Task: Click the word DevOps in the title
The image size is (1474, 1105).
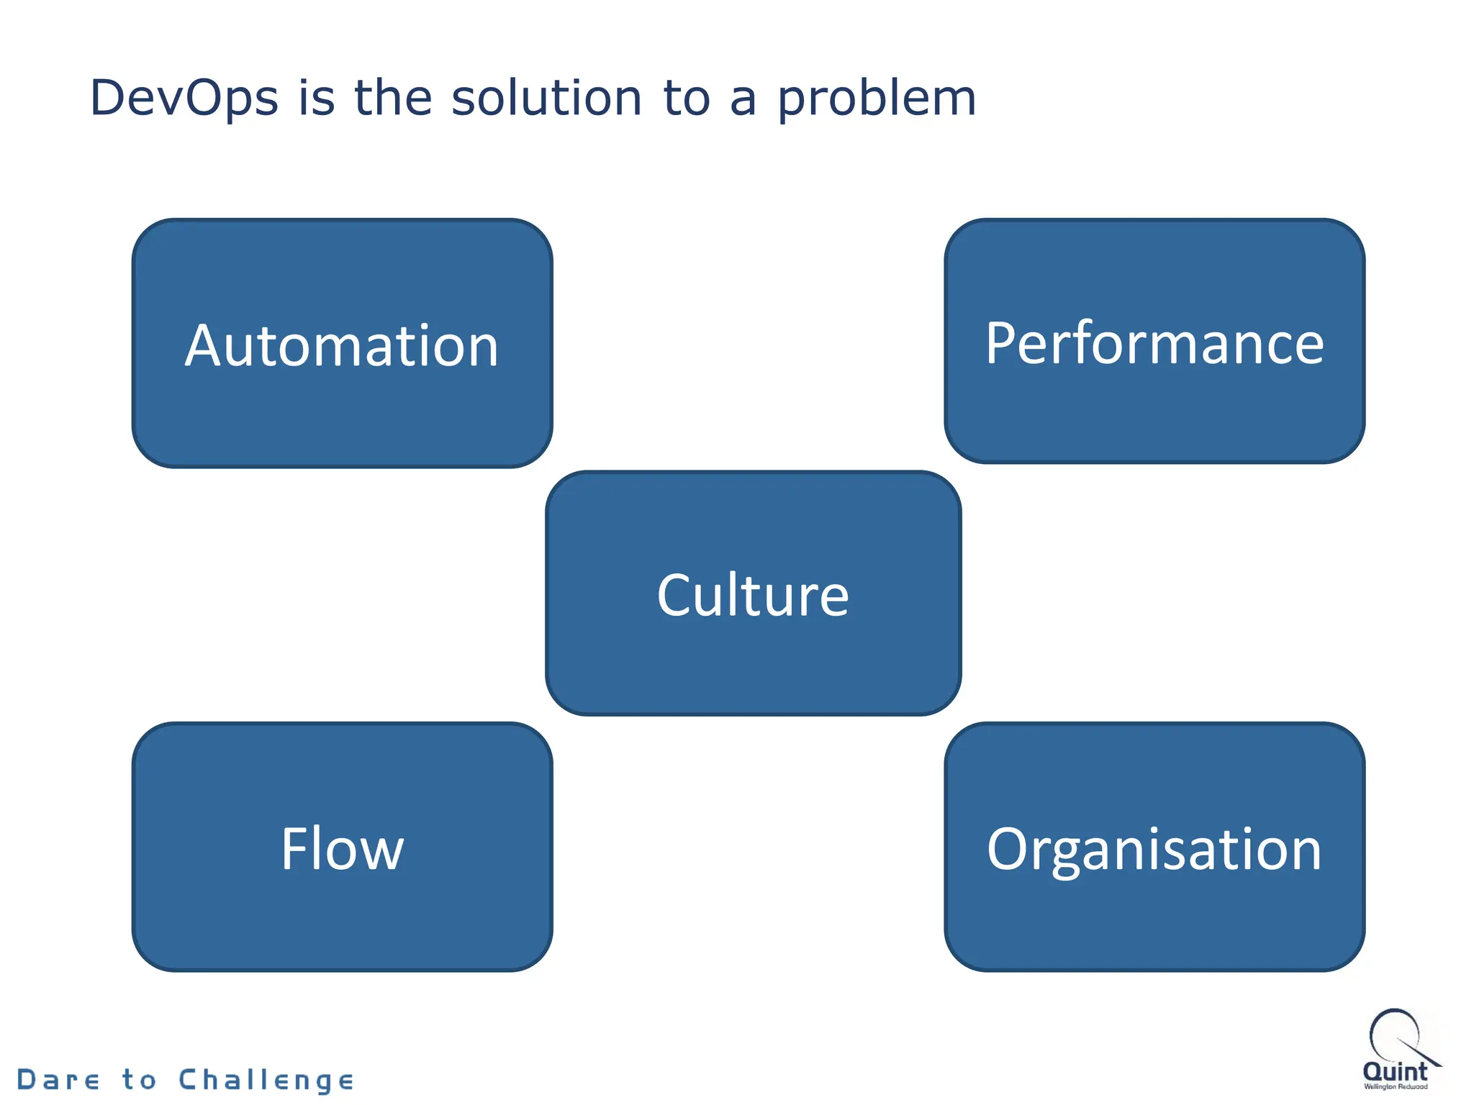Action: click(x=184, y=99)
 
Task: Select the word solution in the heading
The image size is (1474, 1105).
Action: click(x=546, y=99)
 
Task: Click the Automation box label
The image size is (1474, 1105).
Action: click(x=342, y=346)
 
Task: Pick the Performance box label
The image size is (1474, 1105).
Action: click(x=1154, y=344)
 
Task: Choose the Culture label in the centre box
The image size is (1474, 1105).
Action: click(x=753, y=596)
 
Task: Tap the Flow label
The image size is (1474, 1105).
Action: click(x=342, y=849)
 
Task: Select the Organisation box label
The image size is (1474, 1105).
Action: click(x=1154, y=850)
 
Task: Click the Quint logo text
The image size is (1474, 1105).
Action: click(x=1395, y=1071)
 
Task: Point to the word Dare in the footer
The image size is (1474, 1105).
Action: click(x=58, y=1080)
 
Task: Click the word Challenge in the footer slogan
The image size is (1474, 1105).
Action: click(x=266, y=1081)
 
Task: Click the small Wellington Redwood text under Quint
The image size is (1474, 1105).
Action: click(x=1396, y=1087)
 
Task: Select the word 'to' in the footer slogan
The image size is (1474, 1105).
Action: click(x=139, y=1080)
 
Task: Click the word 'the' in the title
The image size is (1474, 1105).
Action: click(x=392, y=99)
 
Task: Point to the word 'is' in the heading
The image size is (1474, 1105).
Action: click(x=317, y=99)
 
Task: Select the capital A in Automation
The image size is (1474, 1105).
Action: click(x=207, y=346)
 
